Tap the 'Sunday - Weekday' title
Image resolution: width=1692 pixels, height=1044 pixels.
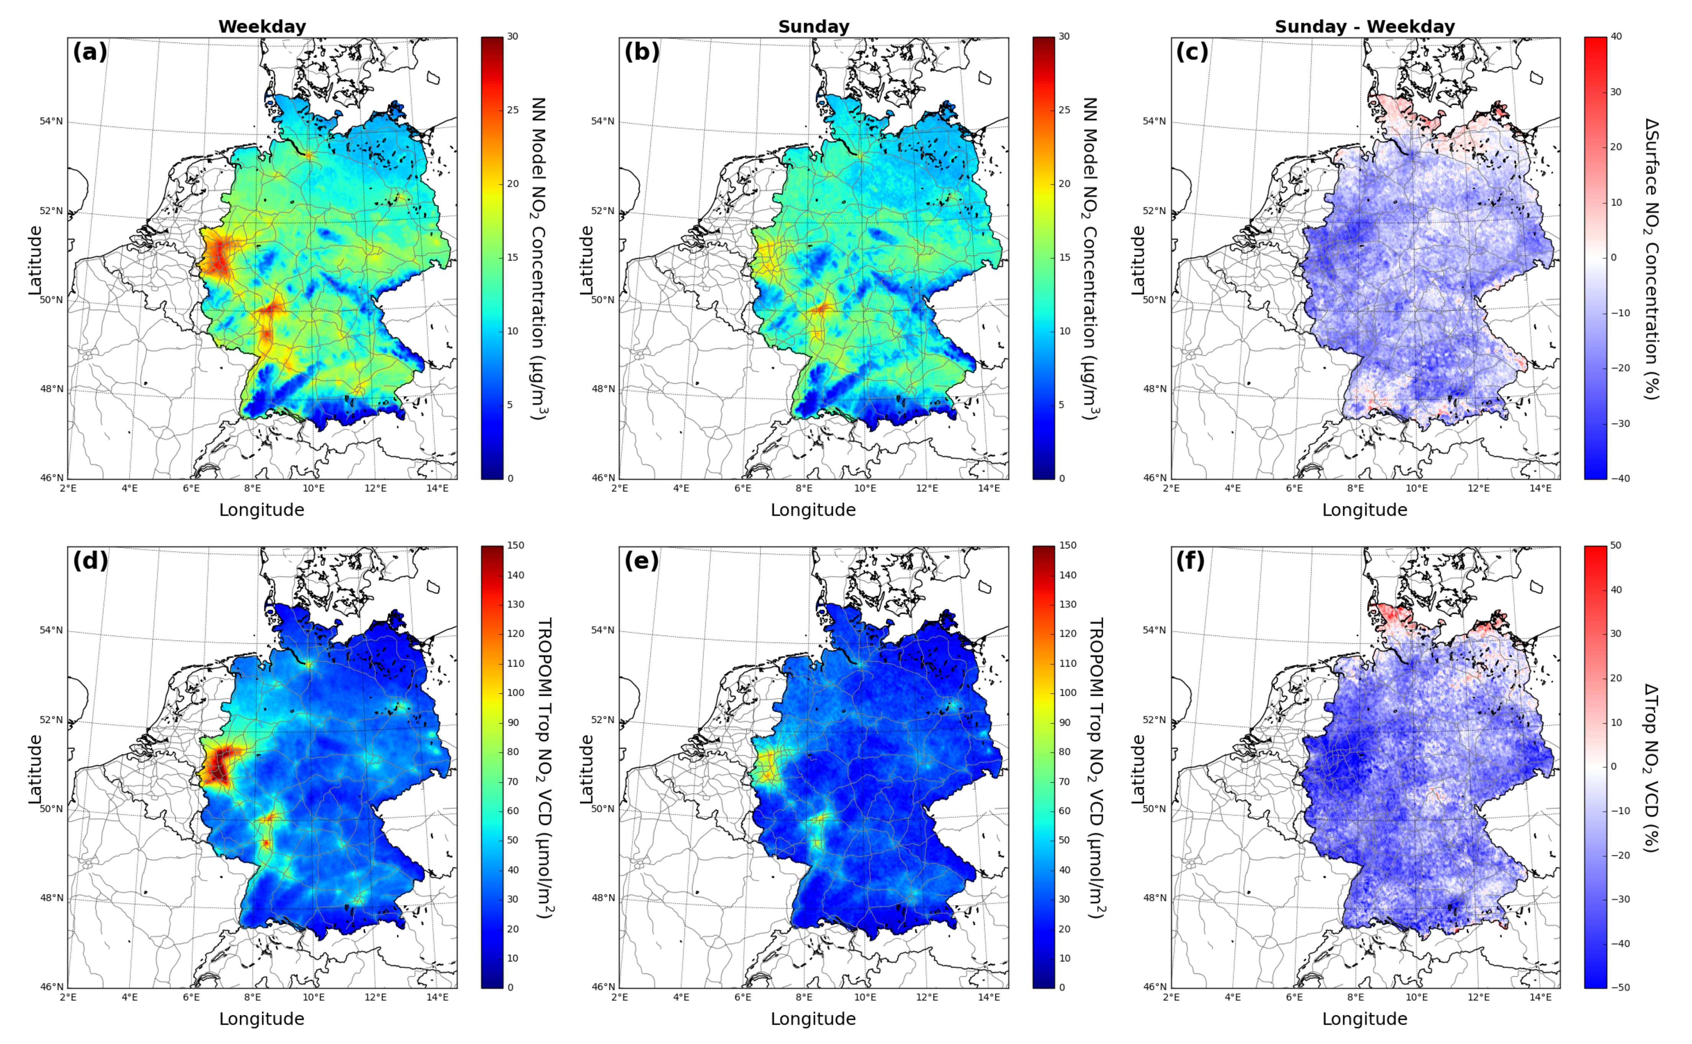click(1365, 27)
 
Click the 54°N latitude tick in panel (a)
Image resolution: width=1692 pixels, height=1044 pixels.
click(51, 122)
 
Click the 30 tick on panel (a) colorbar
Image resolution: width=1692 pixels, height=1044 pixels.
click(513, 37)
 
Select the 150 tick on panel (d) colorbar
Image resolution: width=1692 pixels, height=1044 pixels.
click(515, 545)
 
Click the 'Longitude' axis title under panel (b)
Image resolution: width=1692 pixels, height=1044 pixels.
click(813, 510)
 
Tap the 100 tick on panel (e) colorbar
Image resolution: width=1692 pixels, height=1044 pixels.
click(1067, 693)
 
